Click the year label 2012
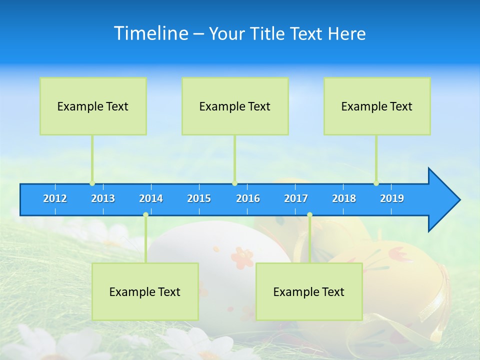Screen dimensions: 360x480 [x=55, y=198]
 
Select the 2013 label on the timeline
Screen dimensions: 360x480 [x=103, y=198]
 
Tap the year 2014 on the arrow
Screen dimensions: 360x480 [x=151, y=198]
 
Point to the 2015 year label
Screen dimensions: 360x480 [x=199, y=198]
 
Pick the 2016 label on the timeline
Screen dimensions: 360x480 [x=248, y=198]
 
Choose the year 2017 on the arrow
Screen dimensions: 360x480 [x=296, y=198]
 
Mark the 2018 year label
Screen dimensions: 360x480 [x=344, y=198]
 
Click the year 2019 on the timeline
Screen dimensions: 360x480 [x=392, y=198]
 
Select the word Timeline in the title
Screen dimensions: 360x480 [x=150, y=33]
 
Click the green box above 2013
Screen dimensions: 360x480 [x=93, y=106]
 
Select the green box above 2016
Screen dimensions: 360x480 [x=235, y=106]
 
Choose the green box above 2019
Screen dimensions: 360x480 [x=377, y=106]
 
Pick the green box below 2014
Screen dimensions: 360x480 [x=145, y=291]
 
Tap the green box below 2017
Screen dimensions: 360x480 [x=309, y=291]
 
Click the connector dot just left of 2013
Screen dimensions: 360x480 [x=92, y=183]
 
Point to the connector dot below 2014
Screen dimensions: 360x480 [x=145, y=215]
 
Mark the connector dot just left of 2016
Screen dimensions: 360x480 [x=234, y=183]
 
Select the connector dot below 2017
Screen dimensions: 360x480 [x=309, y=215]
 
